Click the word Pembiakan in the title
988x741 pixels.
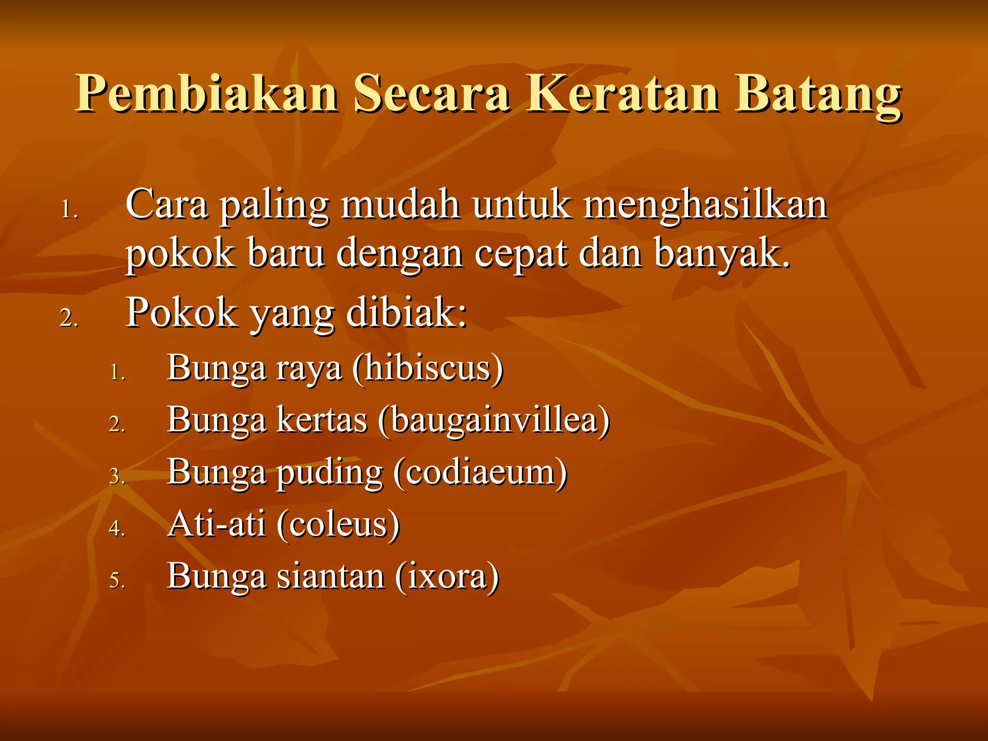(x=207, y=94)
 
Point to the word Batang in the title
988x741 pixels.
(x=818, y=96)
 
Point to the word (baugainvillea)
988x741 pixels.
(x=494, y=421)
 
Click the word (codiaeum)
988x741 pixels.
(x=480, y=473)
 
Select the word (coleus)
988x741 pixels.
(x=338, y=525)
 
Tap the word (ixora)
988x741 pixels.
(x=447, y=577)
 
